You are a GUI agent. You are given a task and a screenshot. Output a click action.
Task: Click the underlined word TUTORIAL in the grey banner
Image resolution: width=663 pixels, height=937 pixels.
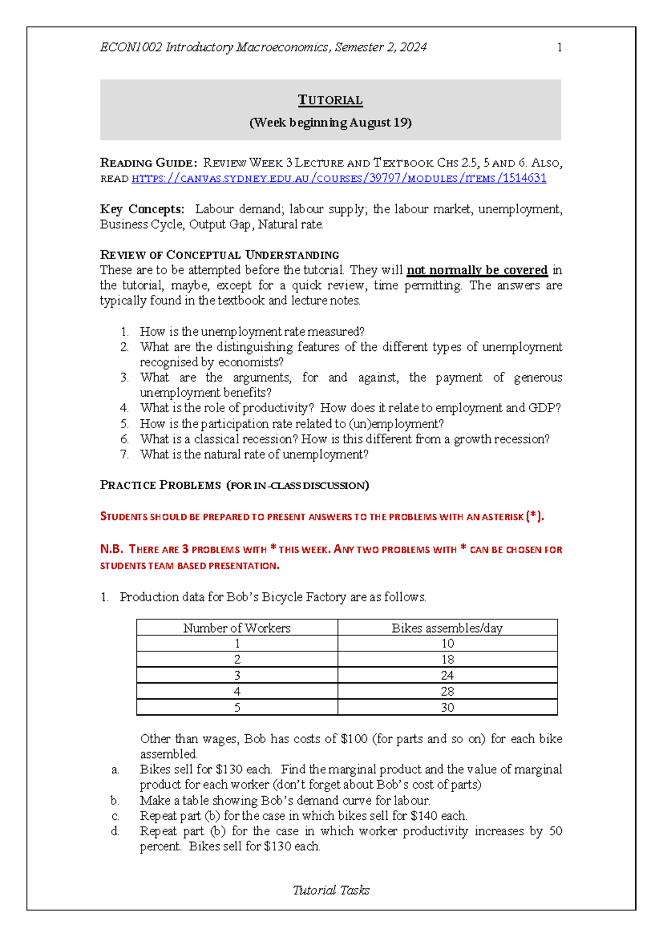[x=330, y=100]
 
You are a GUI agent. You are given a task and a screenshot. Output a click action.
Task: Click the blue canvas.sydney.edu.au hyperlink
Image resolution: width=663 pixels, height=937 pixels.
[x=339, y=178]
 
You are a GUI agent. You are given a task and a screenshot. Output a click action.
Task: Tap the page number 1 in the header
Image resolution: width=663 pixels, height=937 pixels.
[x=559, y=48]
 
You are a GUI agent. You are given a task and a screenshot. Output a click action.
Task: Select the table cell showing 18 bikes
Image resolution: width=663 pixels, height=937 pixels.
[x=447, y=660]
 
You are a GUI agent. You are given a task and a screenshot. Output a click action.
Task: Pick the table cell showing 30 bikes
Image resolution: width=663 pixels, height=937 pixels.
[x=447, y=708]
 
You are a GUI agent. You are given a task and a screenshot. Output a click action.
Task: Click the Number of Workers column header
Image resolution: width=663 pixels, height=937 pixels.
[x=236, y=628]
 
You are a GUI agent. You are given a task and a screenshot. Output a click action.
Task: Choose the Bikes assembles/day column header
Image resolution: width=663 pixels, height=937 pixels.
[x=447, y=628]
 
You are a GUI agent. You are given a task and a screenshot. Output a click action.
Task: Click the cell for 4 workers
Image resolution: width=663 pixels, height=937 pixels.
[x=237, y=692]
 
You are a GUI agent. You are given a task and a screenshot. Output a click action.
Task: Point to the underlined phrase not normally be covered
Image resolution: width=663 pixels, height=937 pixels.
[x=477, y=270]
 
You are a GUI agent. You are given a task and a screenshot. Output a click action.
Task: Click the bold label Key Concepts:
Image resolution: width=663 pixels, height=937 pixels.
[x=142, y=209]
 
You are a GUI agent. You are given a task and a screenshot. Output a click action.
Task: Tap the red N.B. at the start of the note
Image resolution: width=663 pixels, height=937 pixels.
[x=111, y=549]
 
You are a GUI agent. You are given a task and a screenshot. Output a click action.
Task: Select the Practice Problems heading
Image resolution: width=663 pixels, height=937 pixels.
[x=160, y=485]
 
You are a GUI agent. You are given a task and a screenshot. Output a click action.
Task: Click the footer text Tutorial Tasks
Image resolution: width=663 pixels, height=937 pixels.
[x=331, y=890]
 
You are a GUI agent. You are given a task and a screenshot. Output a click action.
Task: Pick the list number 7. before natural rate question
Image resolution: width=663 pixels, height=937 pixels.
[x=124, y=455]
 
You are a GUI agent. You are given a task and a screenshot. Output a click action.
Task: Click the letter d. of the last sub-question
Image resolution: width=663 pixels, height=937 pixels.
[x=115, y=831]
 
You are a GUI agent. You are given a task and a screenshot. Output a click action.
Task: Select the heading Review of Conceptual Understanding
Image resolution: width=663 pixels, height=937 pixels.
[x=219, y=255]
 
